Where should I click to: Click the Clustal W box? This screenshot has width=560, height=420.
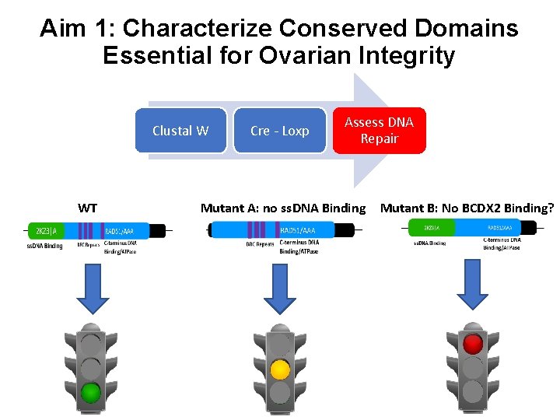point(180,131)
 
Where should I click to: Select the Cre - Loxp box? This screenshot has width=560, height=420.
point(279,131)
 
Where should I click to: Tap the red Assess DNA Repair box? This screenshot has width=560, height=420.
point(379,131)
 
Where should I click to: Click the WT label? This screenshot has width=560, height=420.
point(88,208)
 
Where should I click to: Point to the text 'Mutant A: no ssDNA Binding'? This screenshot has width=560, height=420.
point(282,208)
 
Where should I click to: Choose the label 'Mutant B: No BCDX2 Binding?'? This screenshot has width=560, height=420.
point(467,208)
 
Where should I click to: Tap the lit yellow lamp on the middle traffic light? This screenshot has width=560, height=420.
point(280,369)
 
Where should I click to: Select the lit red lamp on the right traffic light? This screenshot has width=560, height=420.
point(472,344)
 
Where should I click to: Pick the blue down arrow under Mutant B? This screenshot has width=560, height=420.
point(471,285)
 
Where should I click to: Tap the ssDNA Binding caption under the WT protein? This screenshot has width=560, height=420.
point(44,247)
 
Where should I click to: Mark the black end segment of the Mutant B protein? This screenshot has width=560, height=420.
point(529,228)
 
